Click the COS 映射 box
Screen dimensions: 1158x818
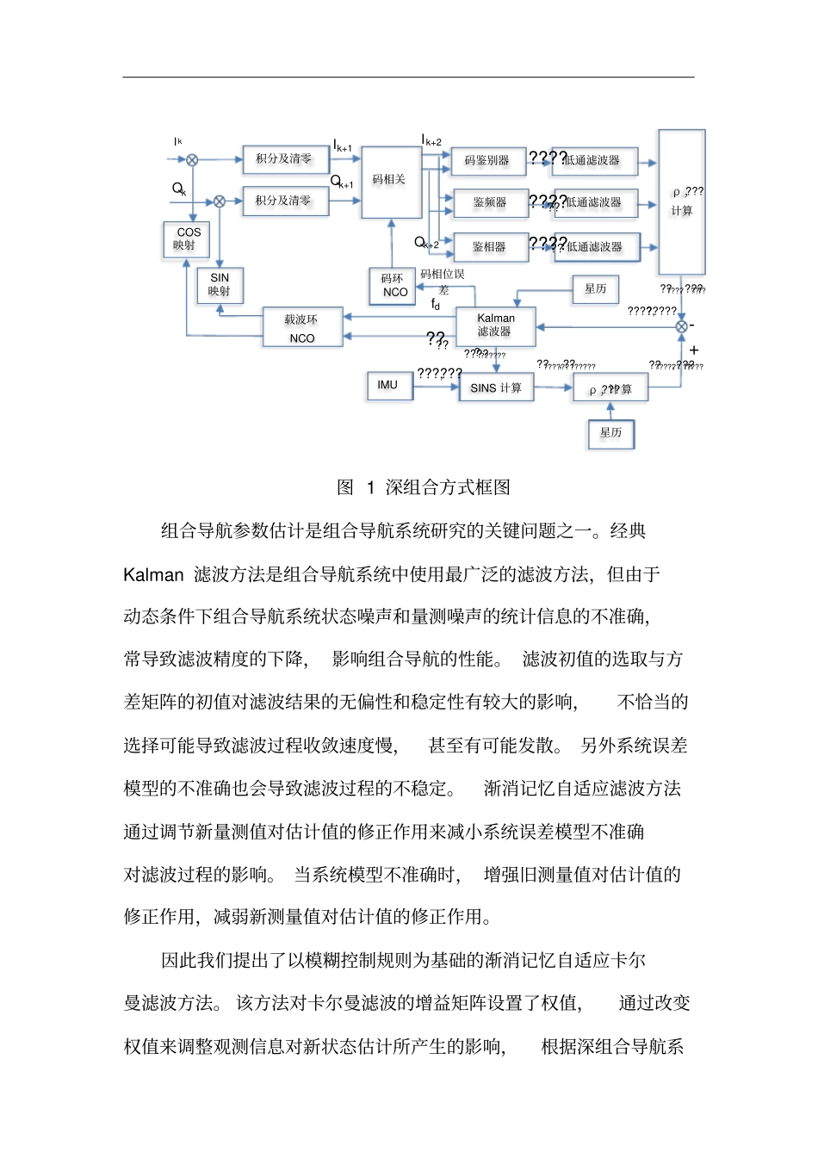pyautogui.click(x=187, y=238)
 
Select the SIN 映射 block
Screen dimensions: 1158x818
pyautogui.click(x=220, y=284)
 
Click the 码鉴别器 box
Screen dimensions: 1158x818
pyautogui.click(x=487, y=160)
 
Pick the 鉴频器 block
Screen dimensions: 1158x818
pyautogui.click(x=489, y=202)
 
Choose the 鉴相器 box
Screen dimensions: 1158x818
pyautogui.click(x=489, y=247)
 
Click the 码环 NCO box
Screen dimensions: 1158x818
pyautogui.click(x=394, y=285)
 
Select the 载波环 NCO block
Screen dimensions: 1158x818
pyautogui.click(x=302, y=328)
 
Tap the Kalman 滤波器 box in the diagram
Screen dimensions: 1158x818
pyautogui.click(x=495, y=325)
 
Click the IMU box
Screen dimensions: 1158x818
pyautogui.click(x=388, y=386)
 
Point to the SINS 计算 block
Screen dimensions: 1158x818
pyautogui.click(x=496, y=387)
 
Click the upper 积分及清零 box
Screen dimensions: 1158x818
pyautogui.click(x=283, y=158)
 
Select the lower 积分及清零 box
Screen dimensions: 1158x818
pyautogui.click(x=282, y=201)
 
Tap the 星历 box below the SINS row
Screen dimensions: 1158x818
pyautogui.click(x=610, y=433)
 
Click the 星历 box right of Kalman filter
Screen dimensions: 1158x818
pyautogui.click(x=596, y=289)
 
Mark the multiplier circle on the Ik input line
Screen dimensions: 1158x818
pyautogui.click(x=192, y=159)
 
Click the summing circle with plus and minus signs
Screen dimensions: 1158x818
pyautogui.click(x=681, y=326)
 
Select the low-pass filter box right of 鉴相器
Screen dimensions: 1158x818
pyautogui.click(x=596, y=247)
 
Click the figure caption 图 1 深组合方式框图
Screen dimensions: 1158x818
pyautogui.click(x=423, y=487)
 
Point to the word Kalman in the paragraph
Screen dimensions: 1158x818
pyautogui.click(x=153, y=574)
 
